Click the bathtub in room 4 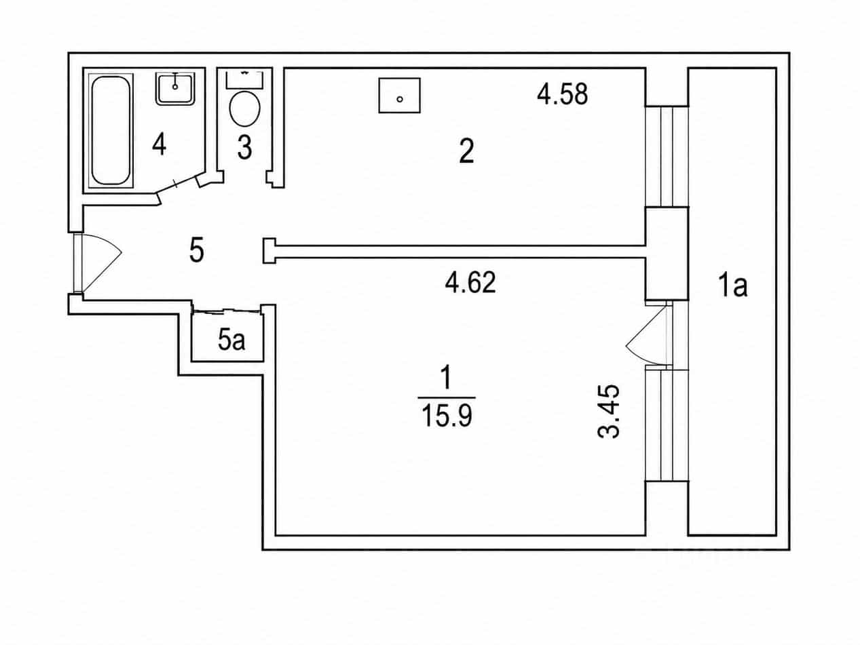[x=111, y=131]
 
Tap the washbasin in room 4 [x=175, y=88]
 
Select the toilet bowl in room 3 [x=245, y=109]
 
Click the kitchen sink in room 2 [x=399, y=96]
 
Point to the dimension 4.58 [x=562, y=95]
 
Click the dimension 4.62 [x=470, y=283]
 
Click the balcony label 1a [x=732, y=286]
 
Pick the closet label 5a [x=231, y=340]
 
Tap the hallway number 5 [x=197, y=250]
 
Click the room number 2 [x=466, y=151]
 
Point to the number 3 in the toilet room [x=245, y=148]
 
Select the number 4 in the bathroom [x=159, y=144]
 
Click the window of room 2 [x=667, y=156]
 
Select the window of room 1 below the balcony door [x=667, y=425]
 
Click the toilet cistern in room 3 [x=244, y=79]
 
